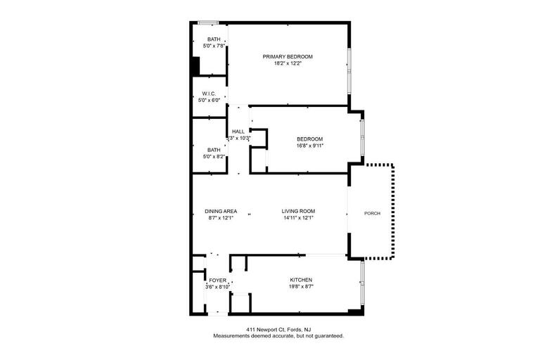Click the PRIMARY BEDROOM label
pyautogui.click(x=288, y=56)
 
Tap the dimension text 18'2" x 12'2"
pyautogui.click(x=288, y=63)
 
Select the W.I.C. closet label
pyautogui.click(x=209, y=94)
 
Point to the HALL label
pyautogui.click(x=238, y=131)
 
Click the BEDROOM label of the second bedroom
pyautogui.click(x=310, y=139)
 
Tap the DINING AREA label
pyautogui.click(x=221, y=211)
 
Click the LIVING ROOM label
pyautogui.click(x=298, y=211)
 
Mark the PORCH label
pyautogui.click(x=372, y=214)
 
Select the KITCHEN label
pyautogui.click(x=301, y=280)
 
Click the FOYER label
pyautogui.click(x=218, y=281)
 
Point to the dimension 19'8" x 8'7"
pyautogui.click(x=301, y=287)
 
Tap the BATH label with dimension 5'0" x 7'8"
pyautogui.click(x=214, y=39)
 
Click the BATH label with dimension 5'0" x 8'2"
pyautogui.click(x=214, y=150)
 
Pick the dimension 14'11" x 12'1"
pyautogui.click(x=298, y=218)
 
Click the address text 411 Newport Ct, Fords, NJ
pyautogui.click(x=278, y=329)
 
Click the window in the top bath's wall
pyautogui.click(x=208, y=22)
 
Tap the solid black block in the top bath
pyautogui.click(x=195, y=66)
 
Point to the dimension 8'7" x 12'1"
pyautogui.click(x=221, y=218)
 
